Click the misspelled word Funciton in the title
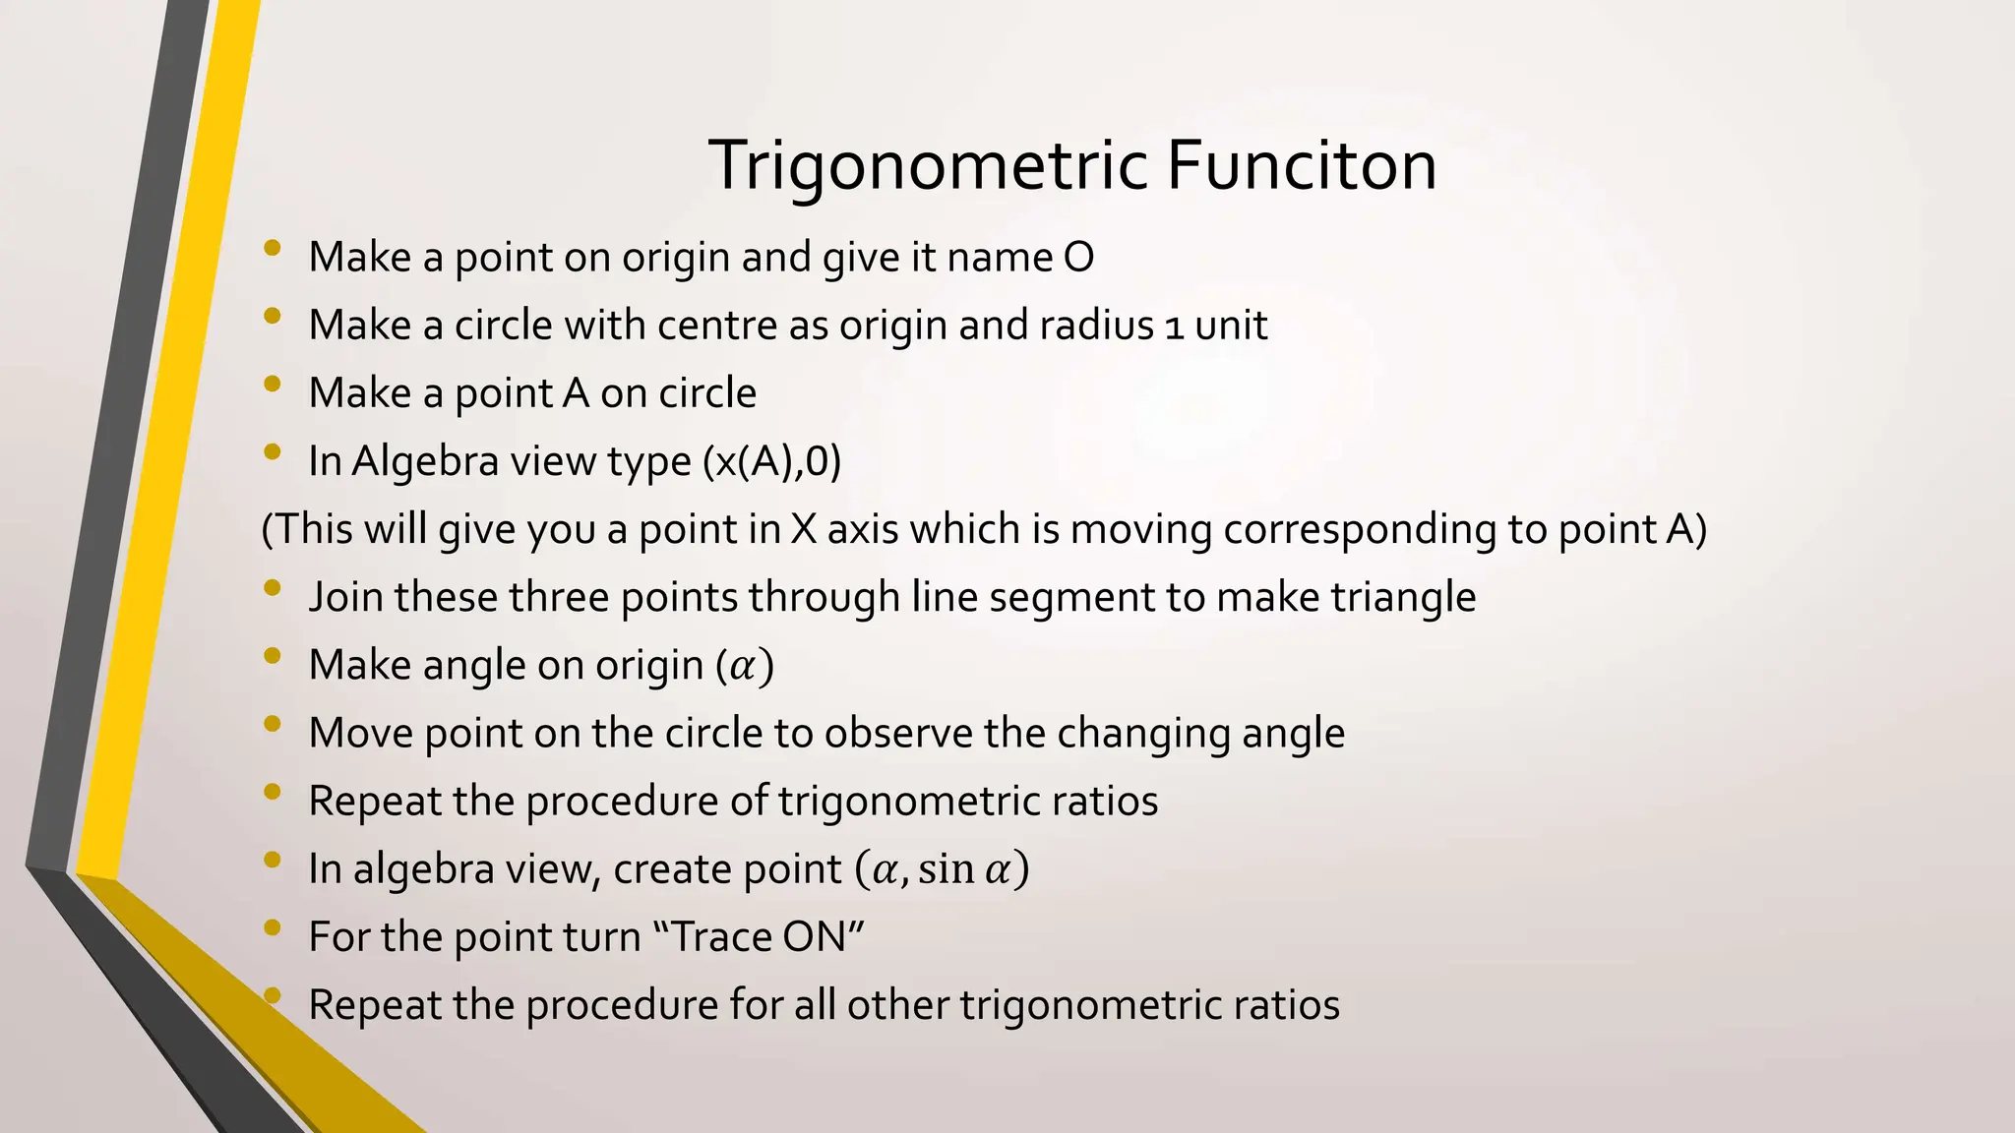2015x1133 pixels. click(1301, 165)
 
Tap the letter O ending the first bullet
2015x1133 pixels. click(1078, 258)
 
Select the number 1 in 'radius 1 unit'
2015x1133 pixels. click(1174, 327)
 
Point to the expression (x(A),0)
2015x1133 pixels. click(772, 461)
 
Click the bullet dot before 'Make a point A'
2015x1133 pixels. click(273, 385)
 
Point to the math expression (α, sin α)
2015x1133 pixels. click(941, 869)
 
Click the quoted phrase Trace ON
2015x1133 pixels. click(759, 937)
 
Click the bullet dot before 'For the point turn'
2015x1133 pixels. click(273, 927)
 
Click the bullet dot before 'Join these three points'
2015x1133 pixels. click(273, 588)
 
